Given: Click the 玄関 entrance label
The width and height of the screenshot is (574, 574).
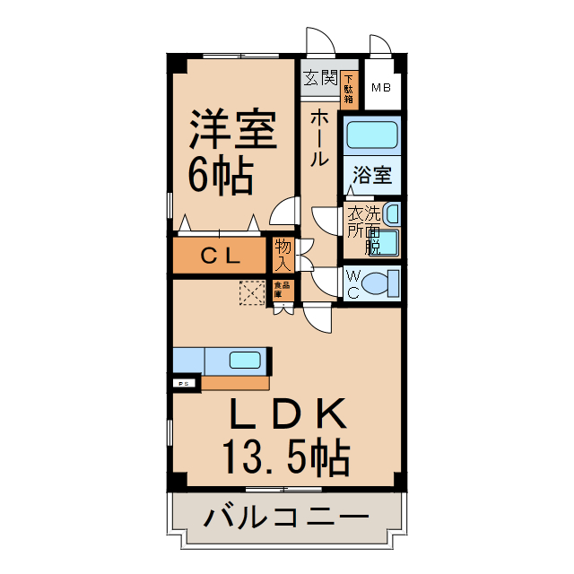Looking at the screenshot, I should (x=318, y=78).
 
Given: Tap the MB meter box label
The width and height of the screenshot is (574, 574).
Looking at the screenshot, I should (x=381, y=88).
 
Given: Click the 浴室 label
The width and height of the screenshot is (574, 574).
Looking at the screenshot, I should (x=371, y=175).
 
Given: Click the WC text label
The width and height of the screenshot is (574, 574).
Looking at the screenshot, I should (x=352, y=283).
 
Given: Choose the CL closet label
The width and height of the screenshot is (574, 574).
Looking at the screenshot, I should (x=220, y=256).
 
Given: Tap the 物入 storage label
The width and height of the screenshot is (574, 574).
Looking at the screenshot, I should (x=283, y=255).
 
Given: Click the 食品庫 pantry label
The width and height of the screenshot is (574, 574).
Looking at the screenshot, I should (x=280, y=290).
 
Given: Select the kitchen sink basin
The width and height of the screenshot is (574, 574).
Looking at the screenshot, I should (x=245, y=361).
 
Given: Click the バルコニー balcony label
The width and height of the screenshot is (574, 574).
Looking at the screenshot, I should (x=285, y=518).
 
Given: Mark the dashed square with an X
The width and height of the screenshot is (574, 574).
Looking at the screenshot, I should (x=252, y=291).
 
